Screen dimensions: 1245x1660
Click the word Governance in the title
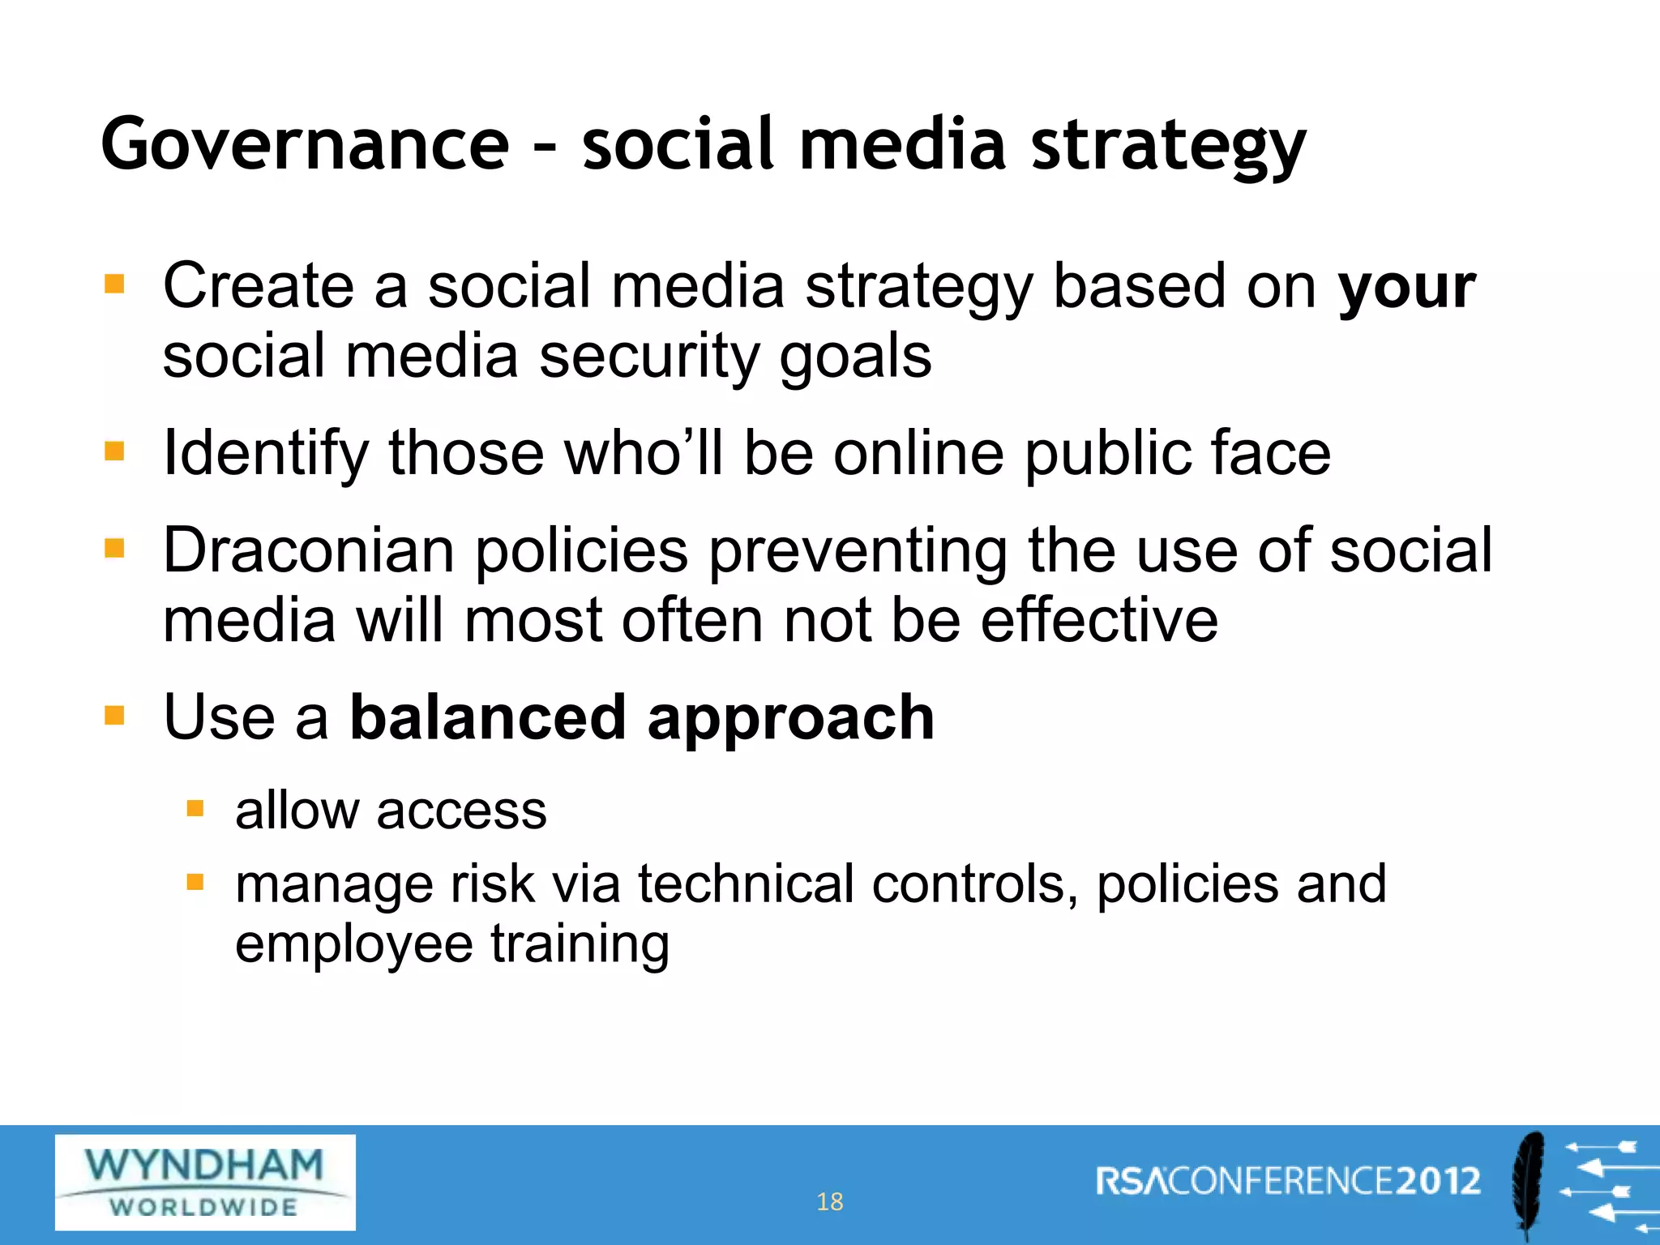304,144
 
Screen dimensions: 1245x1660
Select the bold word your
1406,288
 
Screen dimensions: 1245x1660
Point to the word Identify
265,454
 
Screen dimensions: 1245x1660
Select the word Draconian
308,551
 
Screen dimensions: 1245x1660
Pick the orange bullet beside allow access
195,808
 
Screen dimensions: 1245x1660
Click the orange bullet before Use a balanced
114,716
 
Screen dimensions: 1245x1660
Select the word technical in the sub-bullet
745,883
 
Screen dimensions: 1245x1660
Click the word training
580,945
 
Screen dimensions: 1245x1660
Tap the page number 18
829,1201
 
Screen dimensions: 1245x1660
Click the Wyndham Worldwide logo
205,1182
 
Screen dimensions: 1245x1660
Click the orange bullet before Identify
114,451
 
